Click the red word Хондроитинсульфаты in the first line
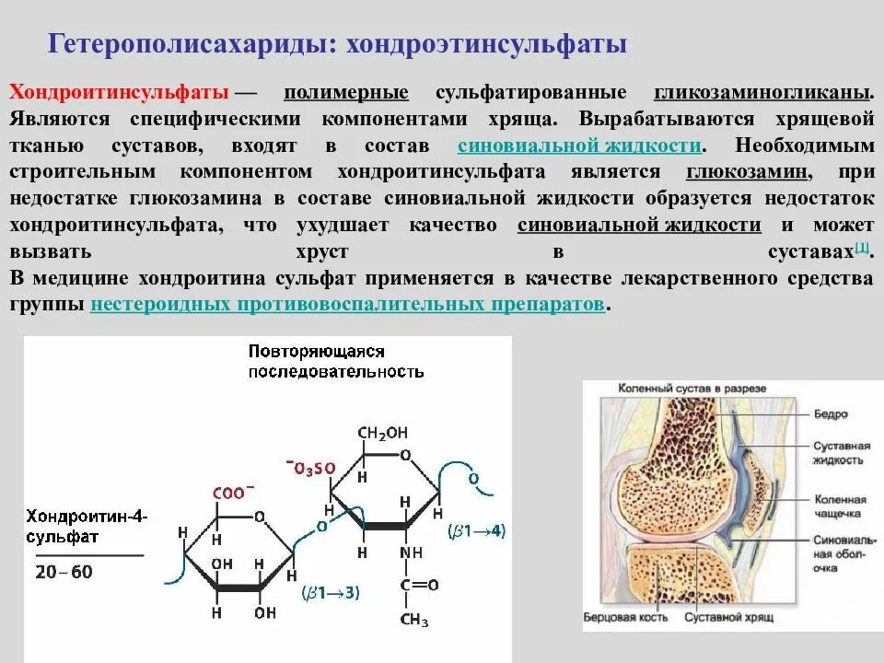tap(119, 94)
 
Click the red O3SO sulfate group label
tap(310, 468)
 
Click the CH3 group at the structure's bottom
tap(413, 620)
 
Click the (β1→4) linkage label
tap(476, 531)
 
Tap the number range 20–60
tap(64, 572)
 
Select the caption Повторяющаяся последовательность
tap(335, 362)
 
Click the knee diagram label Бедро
tap(831, 414)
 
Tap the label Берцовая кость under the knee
tap(625, 614)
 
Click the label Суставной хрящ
tap(728, 614)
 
